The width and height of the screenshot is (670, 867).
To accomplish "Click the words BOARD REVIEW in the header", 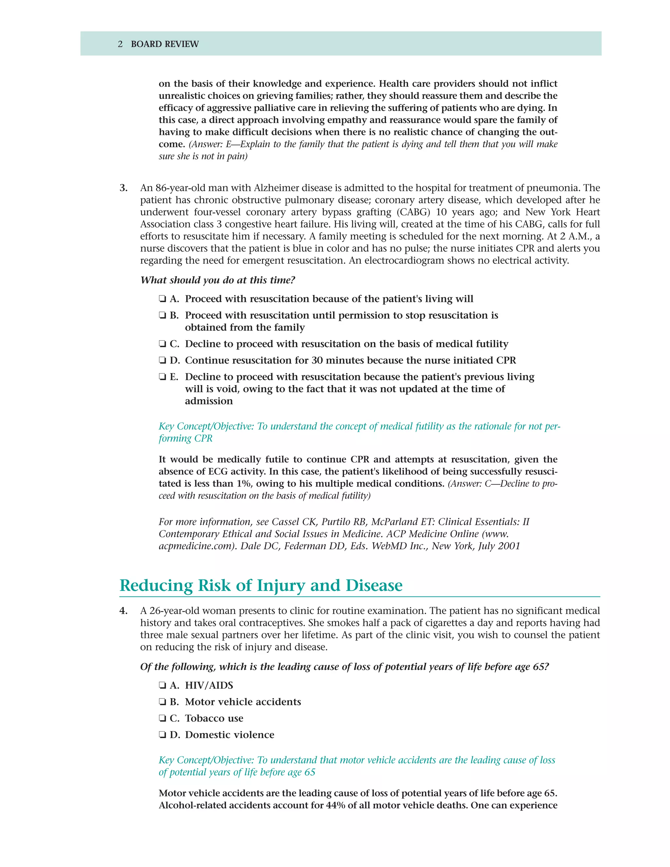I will [x=165, y=44].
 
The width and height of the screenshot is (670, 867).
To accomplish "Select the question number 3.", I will [x=123, y=188].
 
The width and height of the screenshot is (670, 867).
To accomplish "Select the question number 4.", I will [x=123, y=611].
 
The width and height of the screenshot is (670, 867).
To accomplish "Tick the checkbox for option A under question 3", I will [x=162, y=299].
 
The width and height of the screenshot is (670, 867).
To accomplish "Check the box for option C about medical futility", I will [x=162, y=344].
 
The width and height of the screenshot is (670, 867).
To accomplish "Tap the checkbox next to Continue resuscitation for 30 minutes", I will [x=162, y=361].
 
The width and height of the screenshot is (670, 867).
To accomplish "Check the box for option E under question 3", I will [x=162, y=377].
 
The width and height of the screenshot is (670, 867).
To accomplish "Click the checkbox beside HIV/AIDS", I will [x=162, y=685].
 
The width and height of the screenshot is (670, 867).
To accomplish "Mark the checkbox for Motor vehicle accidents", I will [x=162, y=702].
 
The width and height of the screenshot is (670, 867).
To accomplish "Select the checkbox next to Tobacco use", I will [x=162, y=718].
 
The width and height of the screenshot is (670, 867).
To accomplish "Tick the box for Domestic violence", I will [x=162, y=735].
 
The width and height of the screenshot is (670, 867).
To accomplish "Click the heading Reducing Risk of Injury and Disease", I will [x=261, y=586].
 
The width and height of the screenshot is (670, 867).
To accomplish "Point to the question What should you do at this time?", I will [x=218, y=280].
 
